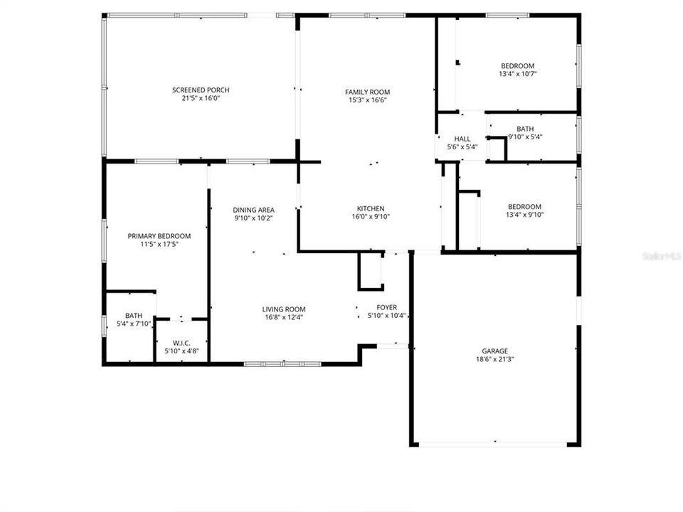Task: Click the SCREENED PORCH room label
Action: click(x=201, y=90)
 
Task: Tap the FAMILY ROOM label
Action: click(x=367, y=92)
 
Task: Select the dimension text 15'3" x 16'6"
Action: click(x=367, y=100)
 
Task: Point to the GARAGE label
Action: click(x=495, y=351)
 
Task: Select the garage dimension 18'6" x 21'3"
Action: click(x=495, y=360)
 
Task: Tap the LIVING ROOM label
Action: click(x=284, y=309)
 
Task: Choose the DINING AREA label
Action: click(x=253, y=210)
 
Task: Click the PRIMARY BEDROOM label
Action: click(x=159, y=236)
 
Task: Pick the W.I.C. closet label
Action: click(x=181, y=342)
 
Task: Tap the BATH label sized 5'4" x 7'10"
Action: click(x=133, y=316)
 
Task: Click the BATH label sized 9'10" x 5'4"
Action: click(x=525, y=129)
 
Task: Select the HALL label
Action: click(x=462, y=139)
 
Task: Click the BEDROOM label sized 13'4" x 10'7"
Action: click(x=517, y=66)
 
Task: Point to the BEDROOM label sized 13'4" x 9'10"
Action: click(x=524, y=207)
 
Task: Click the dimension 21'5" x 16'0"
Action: click(x=201, y=98)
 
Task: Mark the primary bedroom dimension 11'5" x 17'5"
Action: click(x=159, y=245)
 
